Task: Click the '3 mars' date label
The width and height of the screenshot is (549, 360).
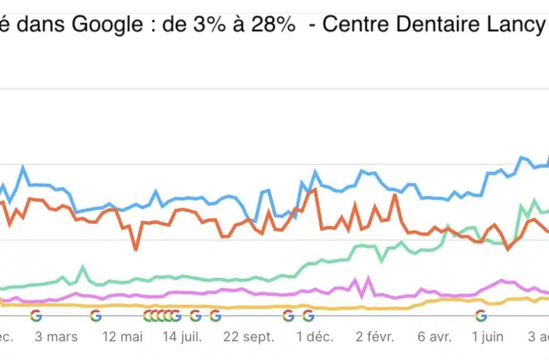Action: (56, 337)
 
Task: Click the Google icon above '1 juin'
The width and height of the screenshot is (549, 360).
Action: (481, 315)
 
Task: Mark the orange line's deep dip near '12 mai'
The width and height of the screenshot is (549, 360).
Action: (136, 249)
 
